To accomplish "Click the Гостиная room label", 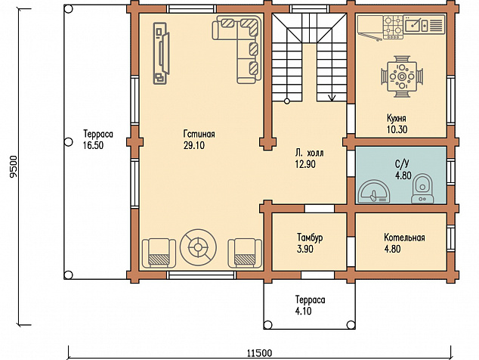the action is point(199,134).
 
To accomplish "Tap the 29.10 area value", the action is point(194,145).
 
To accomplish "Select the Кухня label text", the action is point(397,119).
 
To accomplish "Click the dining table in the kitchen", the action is point(402,76).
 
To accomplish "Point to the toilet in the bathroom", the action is point(422,189).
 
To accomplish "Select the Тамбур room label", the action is point(310,237).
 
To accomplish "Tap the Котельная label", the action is point(404,237).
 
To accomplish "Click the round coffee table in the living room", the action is point(198,247).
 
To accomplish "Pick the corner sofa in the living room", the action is point(238,49).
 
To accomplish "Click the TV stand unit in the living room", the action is point(161,53).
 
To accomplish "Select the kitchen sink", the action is point(416,23).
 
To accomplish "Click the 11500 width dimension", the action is point(259,354).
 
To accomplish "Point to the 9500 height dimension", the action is point(13,166).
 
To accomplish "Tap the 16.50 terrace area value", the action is point(93,145).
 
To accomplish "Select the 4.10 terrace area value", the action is point(304,311).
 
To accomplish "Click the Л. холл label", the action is point(310,153).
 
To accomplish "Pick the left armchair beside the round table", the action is point(159,253).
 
